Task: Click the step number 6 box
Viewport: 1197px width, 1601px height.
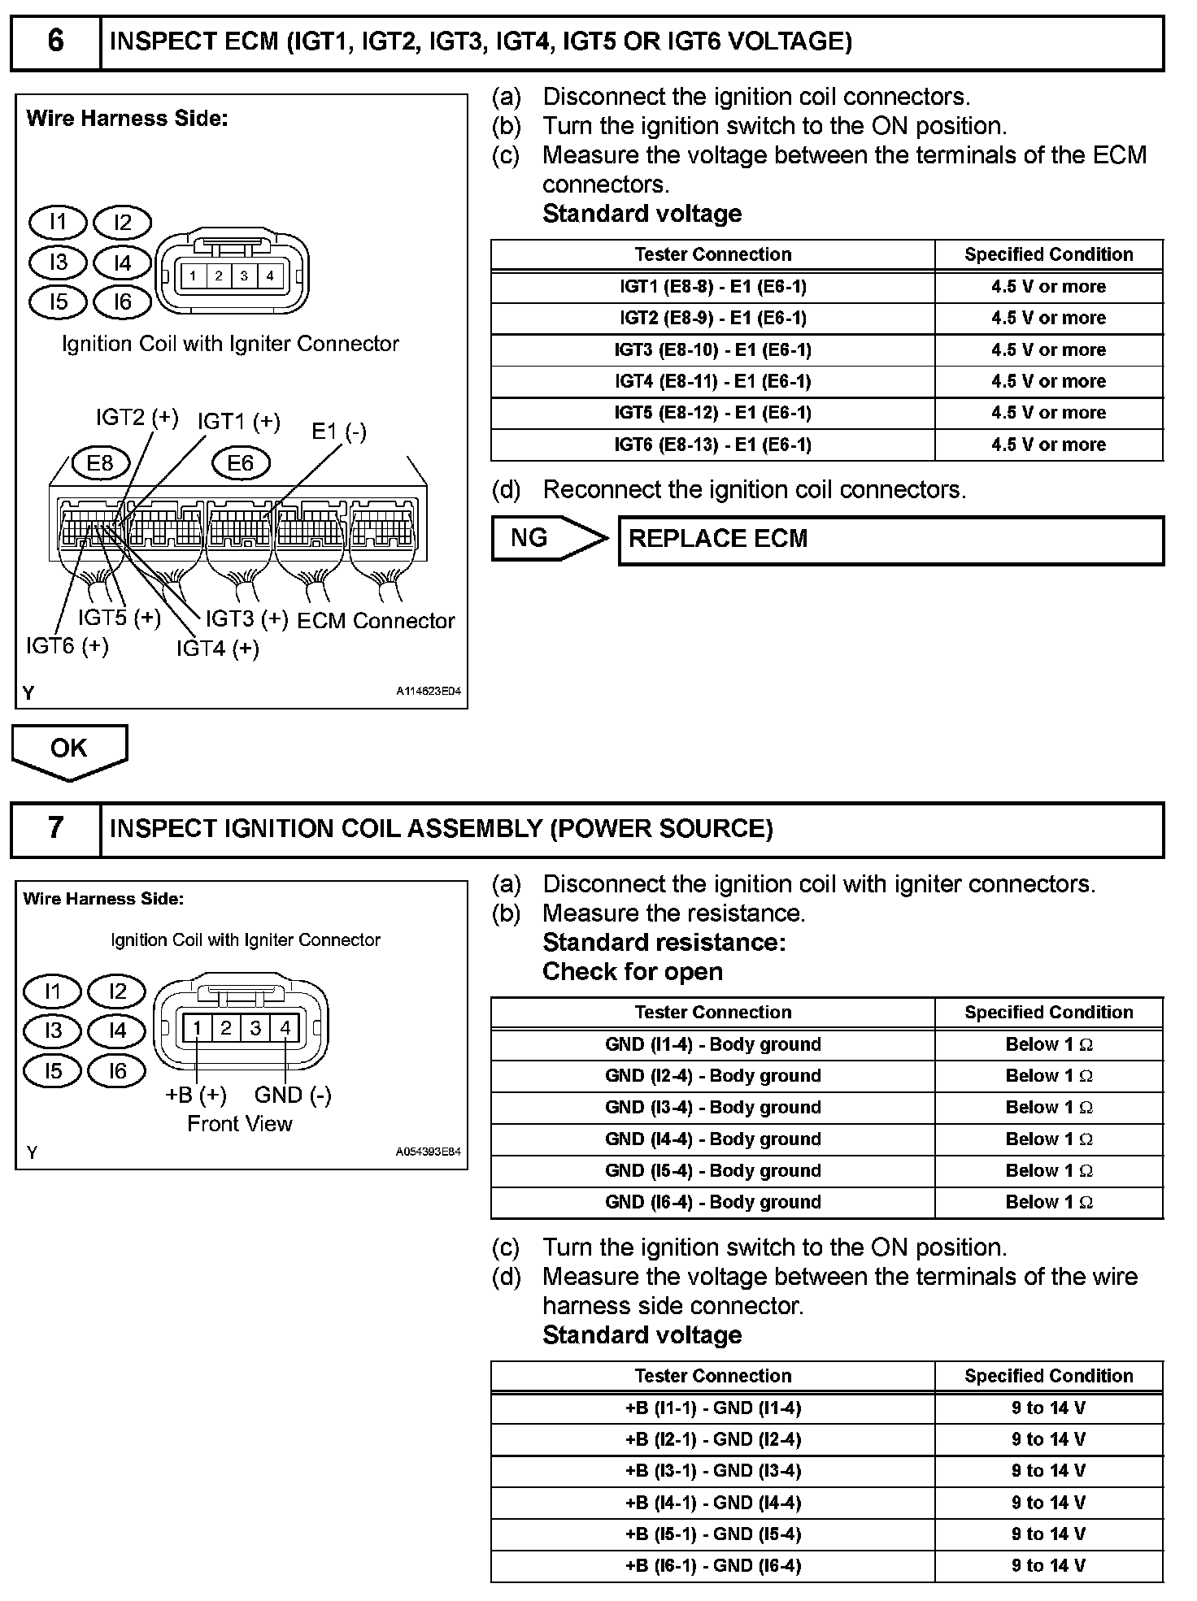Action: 55,41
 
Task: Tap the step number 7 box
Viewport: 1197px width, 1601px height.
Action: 55,828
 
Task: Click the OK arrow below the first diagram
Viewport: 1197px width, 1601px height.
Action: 69,748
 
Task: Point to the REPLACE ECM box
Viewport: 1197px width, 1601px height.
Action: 890,539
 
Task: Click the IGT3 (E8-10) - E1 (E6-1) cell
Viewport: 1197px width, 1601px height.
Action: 712,350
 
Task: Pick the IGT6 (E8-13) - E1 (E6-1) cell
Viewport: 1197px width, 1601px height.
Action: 712,445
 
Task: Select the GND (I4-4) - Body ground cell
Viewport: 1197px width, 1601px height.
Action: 712,1139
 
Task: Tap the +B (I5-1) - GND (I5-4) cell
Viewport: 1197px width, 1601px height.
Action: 712,1534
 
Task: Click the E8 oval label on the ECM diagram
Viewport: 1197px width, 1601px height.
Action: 100,463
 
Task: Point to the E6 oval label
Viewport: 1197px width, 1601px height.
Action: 241,463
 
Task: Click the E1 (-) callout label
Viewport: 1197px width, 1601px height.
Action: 339,432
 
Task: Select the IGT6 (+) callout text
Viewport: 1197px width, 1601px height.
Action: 67,646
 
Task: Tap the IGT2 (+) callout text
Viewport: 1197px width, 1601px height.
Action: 137,418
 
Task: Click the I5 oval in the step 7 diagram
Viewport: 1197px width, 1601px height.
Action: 53,1071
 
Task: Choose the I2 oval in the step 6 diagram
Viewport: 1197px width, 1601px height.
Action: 123,223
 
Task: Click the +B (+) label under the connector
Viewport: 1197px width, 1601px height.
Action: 196,1096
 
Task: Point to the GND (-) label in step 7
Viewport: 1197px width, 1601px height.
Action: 293,1096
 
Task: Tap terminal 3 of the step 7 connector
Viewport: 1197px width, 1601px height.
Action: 255,1029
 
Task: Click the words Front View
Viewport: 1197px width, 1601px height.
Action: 240,1124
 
